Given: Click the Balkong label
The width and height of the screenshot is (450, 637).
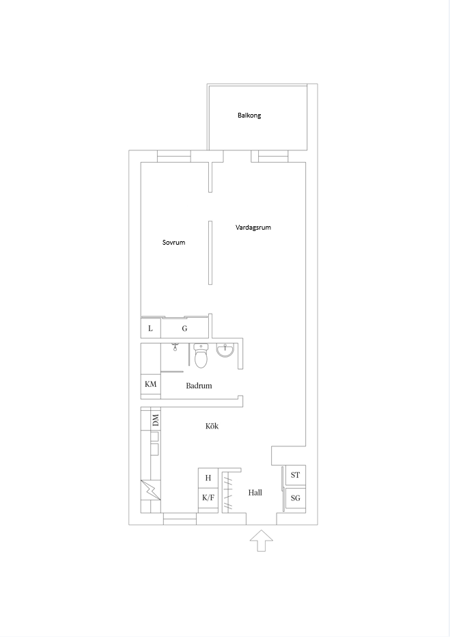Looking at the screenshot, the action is pyautogui.click(x=249, y=116).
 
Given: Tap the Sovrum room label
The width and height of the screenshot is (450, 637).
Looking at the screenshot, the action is pyautogui.click(x=173, y=243).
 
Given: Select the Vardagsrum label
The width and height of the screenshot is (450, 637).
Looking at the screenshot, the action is pyautogui.click(x=253, y=228).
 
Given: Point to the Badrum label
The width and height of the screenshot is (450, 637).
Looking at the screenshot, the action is pyautogui.click(x=199, y=385).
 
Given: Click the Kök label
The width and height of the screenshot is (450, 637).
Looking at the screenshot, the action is pyautogui.click(x=212, y=426).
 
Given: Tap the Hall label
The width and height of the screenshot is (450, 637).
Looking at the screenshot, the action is pyautogui.click(x=255, y=492).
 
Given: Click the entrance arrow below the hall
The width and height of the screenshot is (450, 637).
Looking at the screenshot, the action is pyautogui.click(x=262, y=541).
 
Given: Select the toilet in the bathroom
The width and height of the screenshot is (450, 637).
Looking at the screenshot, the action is pyautogui.click(x=201, y=355).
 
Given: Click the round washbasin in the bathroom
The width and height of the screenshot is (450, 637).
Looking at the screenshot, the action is pyautogui.click(x=225, y=350).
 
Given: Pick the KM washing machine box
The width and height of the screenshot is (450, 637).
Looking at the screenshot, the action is pyautogui.click(x=150, y=384).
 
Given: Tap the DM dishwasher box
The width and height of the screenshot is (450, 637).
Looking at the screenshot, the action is pyautogui.click(x=156, y=420).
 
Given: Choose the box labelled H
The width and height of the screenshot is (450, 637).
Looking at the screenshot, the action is pyautogui.click(x=208, y=478).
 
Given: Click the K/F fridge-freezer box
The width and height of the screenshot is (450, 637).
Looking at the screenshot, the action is pyautogui.click(x=208, y=498).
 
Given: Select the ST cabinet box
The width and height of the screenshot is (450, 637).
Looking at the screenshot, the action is pyautogui.click(x=296, y=475).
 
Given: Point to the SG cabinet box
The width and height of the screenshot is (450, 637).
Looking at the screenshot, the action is pyautogui.click(x=296, y=498).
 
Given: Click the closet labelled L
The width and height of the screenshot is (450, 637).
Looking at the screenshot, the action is pyautogui.click(x=150, y=328).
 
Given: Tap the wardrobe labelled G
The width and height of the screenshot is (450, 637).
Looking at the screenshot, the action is pyautogui.click(x=184, y=328).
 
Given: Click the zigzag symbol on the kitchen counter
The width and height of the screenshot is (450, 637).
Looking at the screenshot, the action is pyautogui.click(x=150, y=490).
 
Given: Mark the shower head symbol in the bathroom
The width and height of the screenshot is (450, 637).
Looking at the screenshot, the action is pyautogui.click(x=175, y=347).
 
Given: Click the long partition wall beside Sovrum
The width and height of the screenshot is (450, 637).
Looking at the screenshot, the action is pyautogui.click(x=210, y=253).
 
